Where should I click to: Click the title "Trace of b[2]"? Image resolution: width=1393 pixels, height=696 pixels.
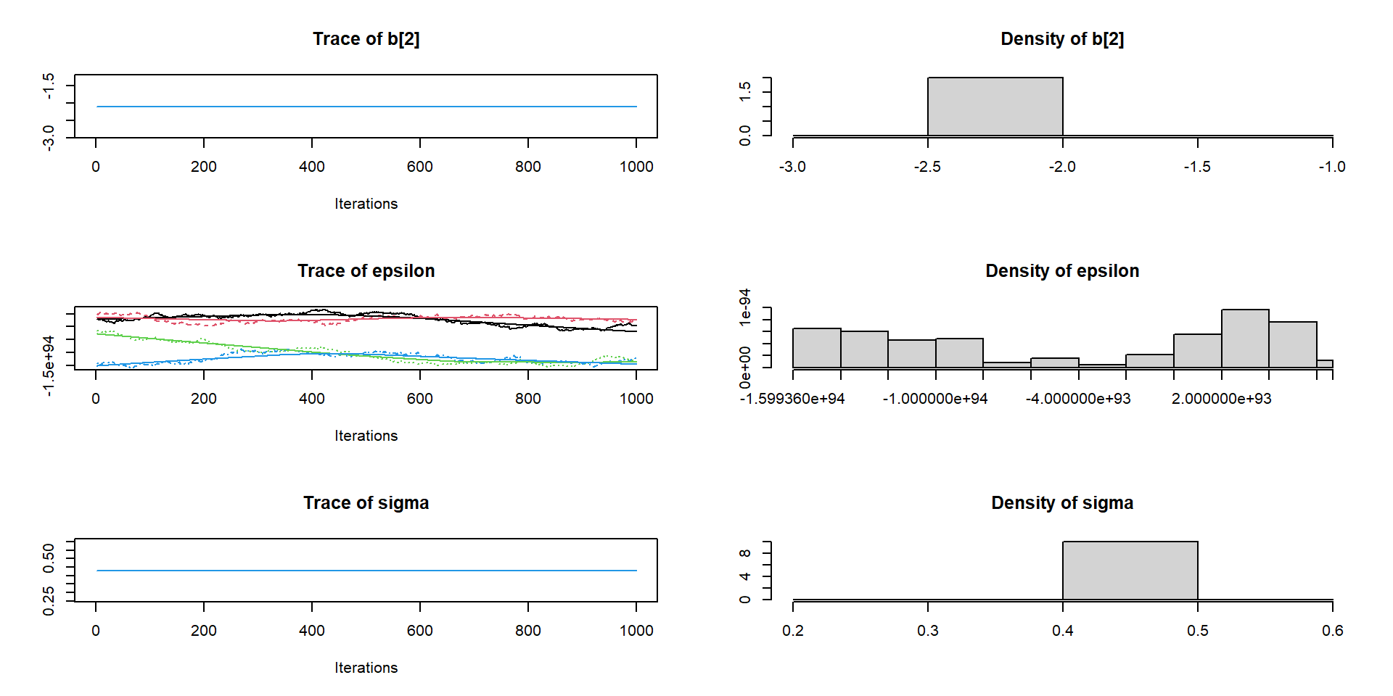366,39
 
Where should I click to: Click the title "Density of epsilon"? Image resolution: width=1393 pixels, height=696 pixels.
1061,271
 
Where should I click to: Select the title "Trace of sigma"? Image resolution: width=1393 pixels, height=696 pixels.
366,503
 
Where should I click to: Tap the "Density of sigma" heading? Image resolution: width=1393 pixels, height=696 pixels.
1061,503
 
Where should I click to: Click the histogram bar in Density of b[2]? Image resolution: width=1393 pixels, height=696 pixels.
995,107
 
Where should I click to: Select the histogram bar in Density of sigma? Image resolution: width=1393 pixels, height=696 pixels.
1130,571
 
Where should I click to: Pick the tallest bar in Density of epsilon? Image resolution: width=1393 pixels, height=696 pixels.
1244,339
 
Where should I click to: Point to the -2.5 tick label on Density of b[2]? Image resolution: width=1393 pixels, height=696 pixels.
927,167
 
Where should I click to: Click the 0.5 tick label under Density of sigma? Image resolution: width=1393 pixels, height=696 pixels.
1197,631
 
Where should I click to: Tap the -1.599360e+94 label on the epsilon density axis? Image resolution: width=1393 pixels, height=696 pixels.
792,399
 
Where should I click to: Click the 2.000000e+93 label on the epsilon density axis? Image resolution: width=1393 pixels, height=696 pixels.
1221,399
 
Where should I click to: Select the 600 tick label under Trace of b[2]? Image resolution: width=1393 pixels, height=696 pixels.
419,167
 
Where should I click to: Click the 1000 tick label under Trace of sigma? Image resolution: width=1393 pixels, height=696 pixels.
636,631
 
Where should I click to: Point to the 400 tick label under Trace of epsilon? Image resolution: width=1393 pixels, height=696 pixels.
311,399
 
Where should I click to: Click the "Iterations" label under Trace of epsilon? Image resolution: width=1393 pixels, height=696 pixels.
366,436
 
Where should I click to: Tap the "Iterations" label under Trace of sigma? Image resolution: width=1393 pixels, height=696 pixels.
366,668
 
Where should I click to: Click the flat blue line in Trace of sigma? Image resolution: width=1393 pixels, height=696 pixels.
366,571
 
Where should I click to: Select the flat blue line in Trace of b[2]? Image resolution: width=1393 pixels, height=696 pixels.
366,107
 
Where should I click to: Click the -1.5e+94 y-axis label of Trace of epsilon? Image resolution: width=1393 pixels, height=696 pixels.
49,365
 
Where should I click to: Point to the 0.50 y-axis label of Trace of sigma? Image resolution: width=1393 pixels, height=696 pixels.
49,558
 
